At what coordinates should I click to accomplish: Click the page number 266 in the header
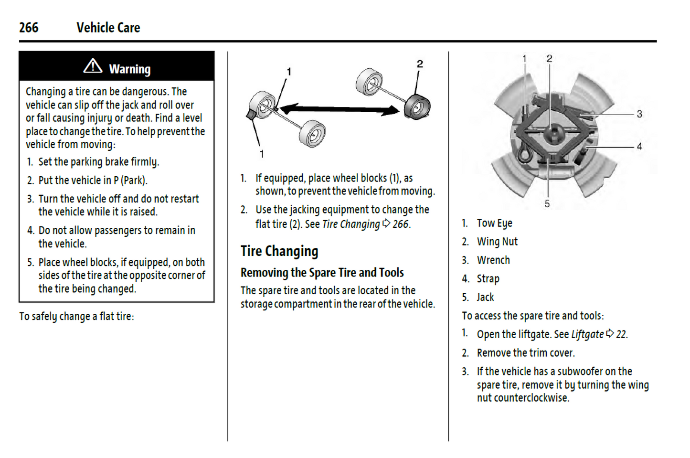point(29,28)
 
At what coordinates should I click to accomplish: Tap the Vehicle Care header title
point(108,28)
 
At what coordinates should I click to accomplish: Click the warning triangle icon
point(93,66)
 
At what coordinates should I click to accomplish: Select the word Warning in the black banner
point(129,69)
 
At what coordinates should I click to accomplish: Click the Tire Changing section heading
point(279,251)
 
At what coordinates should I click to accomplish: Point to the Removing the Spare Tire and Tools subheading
point(322,273)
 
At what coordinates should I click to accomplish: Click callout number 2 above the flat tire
point(420,64)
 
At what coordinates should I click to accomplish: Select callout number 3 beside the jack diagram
point(639,114)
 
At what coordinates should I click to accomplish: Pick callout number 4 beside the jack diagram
point(639,147)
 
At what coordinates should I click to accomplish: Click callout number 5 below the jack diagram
point(547,204)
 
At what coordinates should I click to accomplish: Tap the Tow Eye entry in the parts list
point(494,223)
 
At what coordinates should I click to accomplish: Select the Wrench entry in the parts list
point(493,260)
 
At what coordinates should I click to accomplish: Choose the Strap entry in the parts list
point(488,279)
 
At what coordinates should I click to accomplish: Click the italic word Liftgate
point(587,334)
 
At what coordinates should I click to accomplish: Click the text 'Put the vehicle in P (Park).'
point(93,181)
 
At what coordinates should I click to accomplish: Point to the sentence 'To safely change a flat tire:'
point(76,317)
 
